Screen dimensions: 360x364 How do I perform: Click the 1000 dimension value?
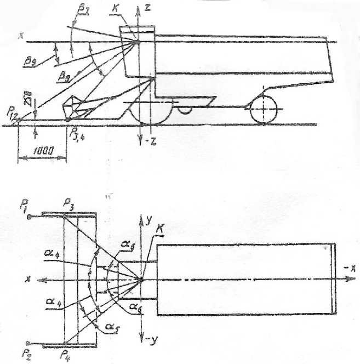42,151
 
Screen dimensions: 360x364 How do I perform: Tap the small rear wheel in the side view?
264,110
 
